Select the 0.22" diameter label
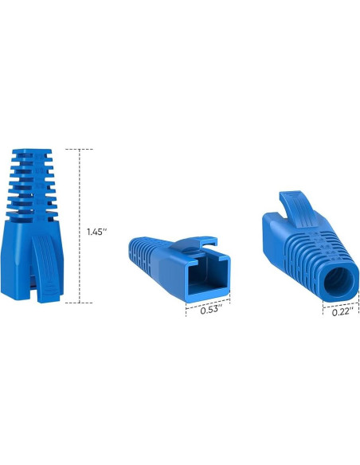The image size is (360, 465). coord(340,312)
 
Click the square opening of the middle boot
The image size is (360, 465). coord(203,275)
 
